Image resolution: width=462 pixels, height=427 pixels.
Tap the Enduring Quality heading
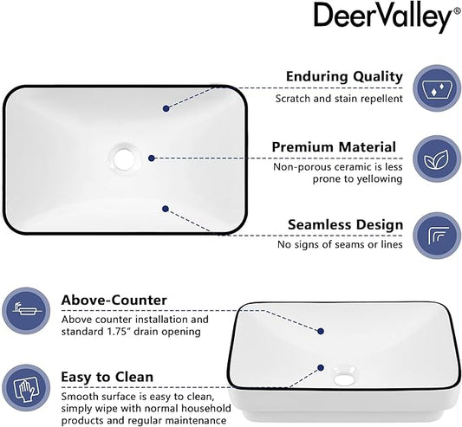pyautogui.click(x=344, y=77)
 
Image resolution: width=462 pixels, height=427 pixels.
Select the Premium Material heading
pyautogui.click(x=334, y=147)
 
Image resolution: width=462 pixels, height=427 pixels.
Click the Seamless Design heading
pyautogui.click(x=345, y=224)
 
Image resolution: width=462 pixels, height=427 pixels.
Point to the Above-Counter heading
pyautogui.click(x=114, y=301)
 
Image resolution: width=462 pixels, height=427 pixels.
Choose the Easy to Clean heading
pyautogui.click(x=107, y=377)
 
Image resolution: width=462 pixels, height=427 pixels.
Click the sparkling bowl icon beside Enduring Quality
pyautogui.click(x=436, y=88)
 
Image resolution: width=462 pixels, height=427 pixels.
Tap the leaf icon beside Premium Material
pyautogui.click(x=436, y=159)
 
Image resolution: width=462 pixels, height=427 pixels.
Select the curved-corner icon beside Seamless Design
pyautogui.click(x=437, y=236)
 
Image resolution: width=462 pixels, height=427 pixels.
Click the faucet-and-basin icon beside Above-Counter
pyautogui.click(x=26, y=311)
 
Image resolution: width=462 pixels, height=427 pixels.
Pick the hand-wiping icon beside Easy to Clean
pyautogui.click(x=26, y=387)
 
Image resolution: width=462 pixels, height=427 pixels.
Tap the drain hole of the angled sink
pyautogui.click(x=344, y=378)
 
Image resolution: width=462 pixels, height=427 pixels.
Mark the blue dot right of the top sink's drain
pyautogui.click(x=152, y=159)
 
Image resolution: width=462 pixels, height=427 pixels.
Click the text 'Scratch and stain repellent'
pyautogui.click(x=339, y=99)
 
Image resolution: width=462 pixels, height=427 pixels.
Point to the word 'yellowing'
pyautogui.click(x=380, y=179)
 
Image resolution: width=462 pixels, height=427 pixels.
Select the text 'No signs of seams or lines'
pyautogui.click(x=340, y=244)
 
